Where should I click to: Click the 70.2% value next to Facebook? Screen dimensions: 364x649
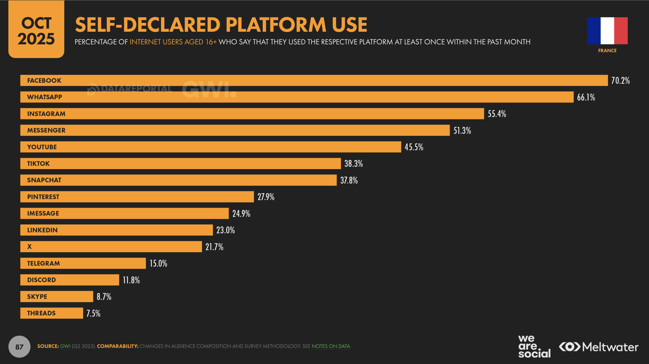point(620,80)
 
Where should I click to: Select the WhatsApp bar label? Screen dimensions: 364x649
point(45,97)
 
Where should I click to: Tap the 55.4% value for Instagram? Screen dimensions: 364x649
point(497,114)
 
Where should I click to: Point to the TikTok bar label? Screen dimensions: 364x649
point(38,163)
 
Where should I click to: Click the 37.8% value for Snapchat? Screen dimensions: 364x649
point(349,180)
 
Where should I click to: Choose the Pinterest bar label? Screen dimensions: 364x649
point(43,197)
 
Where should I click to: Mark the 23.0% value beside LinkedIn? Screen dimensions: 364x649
point(225,230)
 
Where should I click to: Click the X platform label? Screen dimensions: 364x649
point(30,247)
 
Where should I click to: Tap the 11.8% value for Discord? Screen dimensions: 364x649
point(131,280)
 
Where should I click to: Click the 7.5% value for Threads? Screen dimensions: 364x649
point(93,313)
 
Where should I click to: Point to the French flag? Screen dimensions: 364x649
point(607,31)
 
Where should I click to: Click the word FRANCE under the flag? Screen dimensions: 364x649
point(607,51)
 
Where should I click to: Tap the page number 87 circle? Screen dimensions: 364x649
point(19,347)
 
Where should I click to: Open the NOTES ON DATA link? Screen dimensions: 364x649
point(331,346)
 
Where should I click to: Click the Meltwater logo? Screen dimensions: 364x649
point(598,347)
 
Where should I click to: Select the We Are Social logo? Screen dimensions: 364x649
point(534,347)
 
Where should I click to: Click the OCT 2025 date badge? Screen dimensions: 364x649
point(36,30)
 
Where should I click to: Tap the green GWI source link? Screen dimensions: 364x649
point(65,346)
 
